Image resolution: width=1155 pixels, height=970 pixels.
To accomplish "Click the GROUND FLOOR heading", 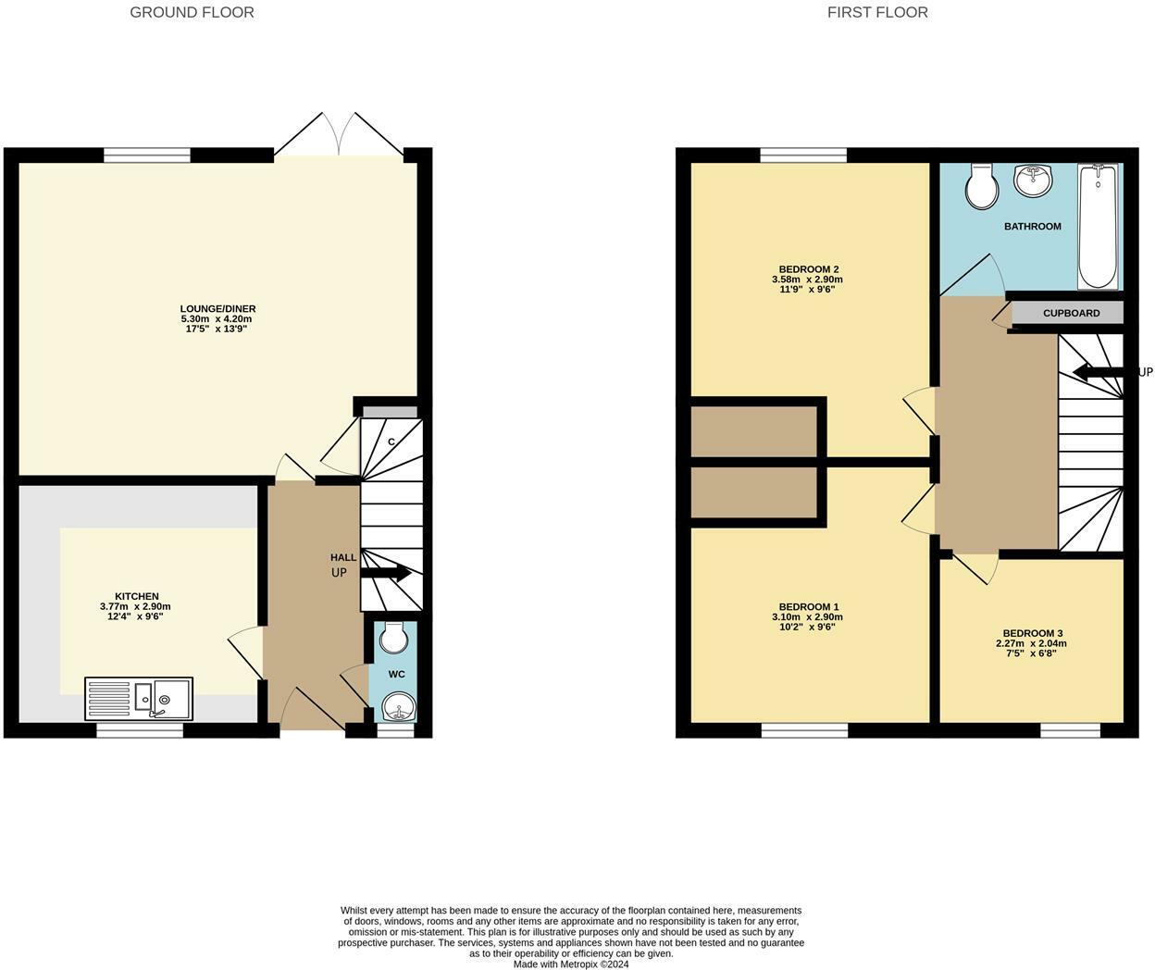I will coord(192,12).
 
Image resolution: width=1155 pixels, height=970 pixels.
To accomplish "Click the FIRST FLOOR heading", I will coord(877,12).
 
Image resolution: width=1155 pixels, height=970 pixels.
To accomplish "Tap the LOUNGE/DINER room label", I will coord(217,309).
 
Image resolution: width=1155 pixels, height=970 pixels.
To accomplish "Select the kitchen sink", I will coord(139,698).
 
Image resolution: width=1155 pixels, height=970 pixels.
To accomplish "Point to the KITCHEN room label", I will coord(136,596).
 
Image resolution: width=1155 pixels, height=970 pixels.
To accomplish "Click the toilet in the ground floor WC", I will coord(394,636).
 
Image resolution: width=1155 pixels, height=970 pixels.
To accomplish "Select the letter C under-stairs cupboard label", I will coord(391,442).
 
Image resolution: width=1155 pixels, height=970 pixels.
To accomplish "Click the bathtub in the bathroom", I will coord(1098,227).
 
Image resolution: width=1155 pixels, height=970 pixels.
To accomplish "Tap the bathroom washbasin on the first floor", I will coord(1034,180).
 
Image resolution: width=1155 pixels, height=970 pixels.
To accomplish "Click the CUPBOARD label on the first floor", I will coord(1071,313).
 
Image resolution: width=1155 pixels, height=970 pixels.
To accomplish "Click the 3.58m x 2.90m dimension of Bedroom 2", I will coord(807,280).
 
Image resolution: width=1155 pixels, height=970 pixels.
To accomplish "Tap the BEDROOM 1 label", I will coord(809,607).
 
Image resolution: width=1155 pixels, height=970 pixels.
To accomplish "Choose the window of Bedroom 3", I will coord(1070,730).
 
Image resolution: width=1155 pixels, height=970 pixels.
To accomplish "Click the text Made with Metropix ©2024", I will coord(571,964).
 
